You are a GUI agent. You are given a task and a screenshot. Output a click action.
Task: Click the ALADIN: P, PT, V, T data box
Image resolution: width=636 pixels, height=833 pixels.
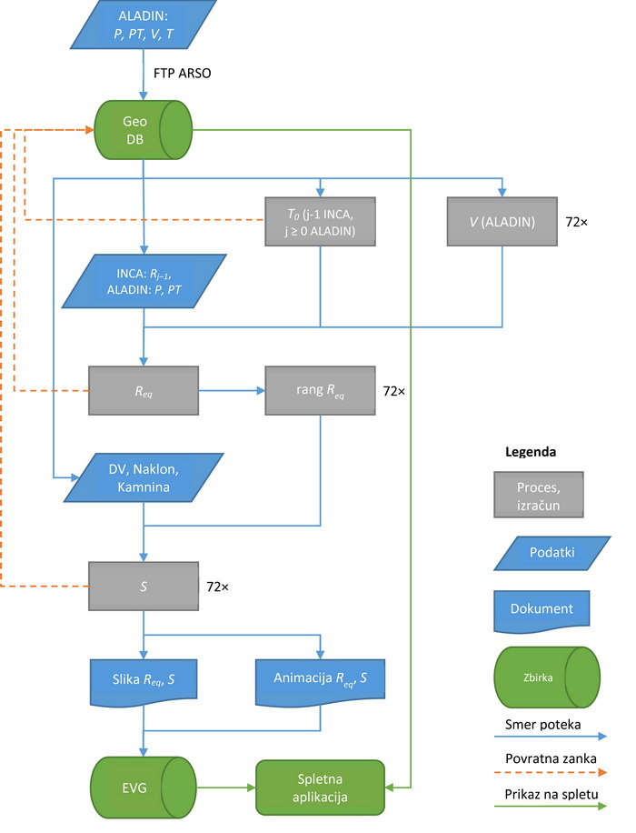pyautogui.click(x=144, y=25)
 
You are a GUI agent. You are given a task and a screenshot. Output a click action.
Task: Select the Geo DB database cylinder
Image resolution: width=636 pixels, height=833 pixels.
pyautogui.click(x=143, y=130)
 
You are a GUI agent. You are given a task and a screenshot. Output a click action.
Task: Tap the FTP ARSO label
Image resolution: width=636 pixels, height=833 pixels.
pyautogui.click(x=182, y=74)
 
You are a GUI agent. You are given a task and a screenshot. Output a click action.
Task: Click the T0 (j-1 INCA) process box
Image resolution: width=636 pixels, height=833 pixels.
pyautogui.click(x=320, y=222)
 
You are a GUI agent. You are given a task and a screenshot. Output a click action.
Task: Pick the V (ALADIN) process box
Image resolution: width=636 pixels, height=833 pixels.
pyautogui.click(x=502, y=222)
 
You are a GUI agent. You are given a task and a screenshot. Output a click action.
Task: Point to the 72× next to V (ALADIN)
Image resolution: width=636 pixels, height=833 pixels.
pyautogui.click(x=577, y=222)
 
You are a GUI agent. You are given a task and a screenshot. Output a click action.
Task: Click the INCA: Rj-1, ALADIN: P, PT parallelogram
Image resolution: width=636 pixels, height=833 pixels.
pyautogui.click(x=144, y=281)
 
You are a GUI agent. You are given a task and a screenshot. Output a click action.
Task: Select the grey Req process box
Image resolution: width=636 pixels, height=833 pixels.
pyautogui.click(x=144, y=390)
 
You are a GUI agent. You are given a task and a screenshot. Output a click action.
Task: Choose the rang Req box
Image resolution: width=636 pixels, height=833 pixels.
pyautogui.click(x=320, y=390)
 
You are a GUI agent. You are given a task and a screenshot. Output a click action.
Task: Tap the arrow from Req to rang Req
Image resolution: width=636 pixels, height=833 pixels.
pyautogui.click(x=232, y=390)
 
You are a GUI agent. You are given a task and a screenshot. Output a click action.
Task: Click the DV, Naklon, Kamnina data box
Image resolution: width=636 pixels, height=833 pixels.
pyautogui.click(x=144, y=477)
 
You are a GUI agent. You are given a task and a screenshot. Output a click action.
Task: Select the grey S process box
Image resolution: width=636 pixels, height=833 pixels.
pyautogui.click(x=144, y=586)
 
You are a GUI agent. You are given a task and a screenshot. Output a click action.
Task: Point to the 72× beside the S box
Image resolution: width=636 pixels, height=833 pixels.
pyautogui.click(x=218, y=587)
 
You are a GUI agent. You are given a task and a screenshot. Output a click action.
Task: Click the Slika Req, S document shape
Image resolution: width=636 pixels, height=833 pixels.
pyautogui.click(x=144, y=682)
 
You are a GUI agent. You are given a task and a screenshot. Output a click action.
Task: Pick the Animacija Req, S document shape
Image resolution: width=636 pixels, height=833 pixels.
pyautogui.click(x=320, y=682)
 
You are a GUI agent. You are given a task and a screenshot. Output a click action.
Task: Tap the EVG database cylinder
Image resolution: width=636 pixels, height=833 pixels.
pyautogui.click(x=144, y=788)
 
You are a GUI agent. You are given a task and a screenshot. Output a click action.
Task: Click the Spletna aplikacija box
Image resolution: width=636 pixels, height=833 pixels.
pyautogui.click(x=320, y=788)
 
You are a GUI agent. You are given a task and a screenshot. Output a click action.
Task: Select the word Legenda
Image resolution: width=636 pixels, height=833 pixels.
pyautogui.click(x=531, y=452)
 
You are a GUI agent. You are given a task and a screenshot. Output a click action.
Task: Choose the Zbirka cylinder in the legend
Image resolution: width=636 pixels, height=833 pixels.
pyautogui.click(x=547, y=677)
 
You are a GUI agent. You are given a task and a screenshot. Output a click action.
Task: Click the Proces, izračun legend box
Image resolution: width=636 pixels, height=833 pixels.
pyautogui.click(x=538, y=495)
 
